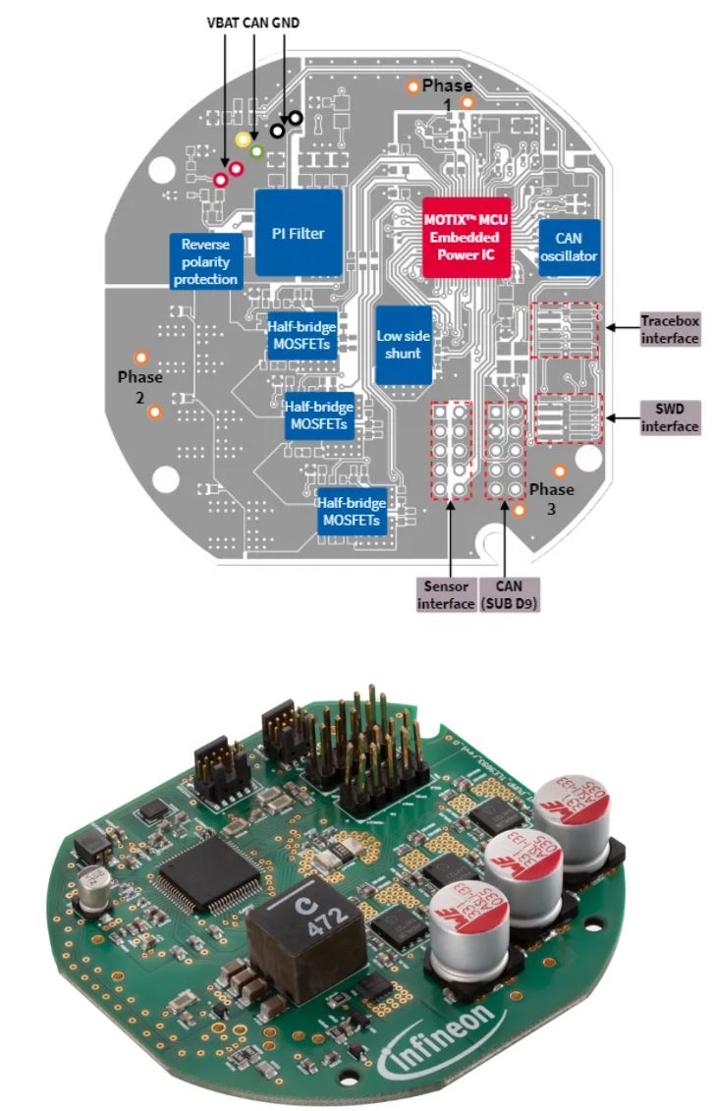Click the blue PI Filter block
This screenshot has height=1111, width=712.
tap(299, 233)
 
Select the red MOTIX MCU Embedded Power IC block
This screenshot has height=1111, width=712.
tap(461, 237)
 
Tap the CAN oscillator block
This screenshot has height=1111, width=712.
tap(569, 248)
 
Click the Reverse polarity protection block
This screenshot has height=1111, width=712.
tap(206, 261)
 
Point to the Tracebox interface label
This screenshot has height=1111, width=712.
tap(669, 329)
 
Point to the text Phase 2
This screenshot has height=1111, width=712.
tap(139, 387)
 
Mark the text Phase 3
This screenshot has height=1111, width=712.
tap(550, 498)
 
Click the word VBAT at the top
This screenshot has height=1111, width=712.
tap(223, 21)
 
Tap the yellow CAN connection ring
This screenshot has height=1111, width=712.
tap(243, 139)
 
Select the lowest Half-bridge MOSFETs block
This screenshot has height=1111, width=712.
tap(350, 512)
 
